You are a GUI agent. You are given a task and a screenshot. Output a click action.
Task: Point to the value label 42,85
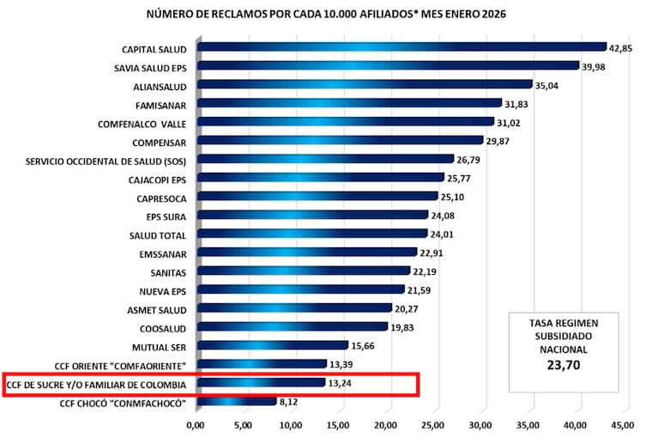[622, 48]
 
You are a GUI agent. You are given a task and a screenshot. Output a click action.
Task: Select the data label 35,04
[547, 85]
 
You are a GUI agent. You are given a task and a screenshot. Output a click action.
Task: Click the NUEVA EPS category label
[163, 290]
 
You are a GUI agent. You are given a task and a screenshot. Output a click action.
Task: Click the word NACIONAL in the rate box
[563, 350]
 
